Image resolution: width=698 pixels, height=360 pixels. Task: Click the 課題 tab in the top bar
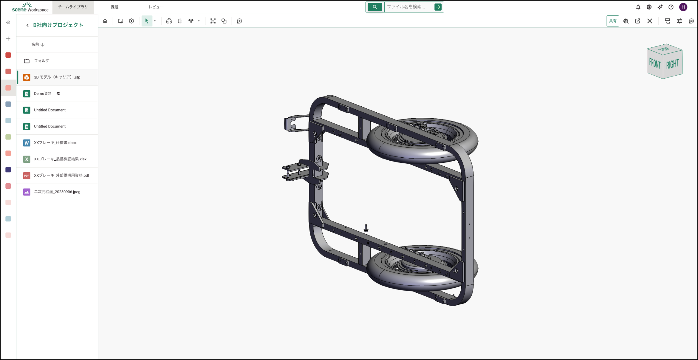114,7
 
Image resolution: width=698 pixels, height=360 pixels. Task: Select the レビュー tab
156,7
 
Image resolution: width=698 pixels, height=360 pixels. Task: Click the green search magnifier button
375,7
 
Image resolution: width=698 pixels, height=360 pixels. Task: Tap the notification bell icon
638,7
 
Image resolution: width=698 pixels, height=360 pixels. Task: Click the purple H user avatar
683,7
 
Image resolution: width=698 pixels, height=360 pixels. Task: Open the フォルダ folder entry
41,61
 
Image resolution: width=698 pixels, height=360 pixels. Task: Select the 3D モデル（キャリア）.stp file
57,77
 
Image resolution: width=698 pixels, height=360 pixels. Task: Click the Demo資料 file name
43,94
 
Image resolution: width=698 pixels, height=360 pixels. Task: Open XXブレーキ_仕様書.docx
55,143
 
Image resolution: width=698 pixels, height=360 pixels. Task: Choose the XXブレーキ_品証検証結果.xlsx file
60,159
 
